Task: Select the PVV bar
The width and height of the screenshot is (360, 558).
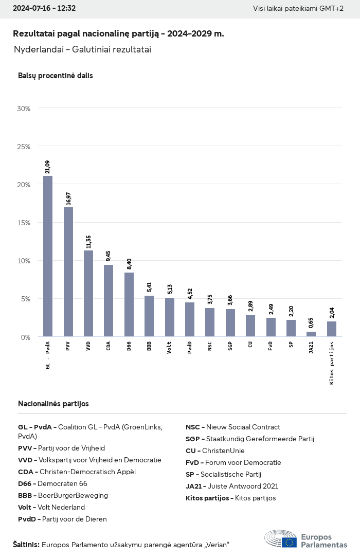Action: (x=68, y=272)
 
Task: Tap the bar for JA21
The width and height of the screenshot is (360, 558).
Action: (x=311, y=334)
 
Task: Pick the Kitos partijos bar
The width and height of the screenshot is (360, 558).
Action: (x=332, y=329)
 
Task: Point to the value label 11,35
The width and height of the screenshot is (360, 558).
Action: (x=88, y=242)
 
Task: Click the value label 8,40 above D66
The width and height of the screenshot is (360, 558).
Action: (x=129, y=264)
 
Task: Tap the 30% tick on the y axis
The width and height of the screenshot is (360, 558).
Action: (x=24, y=109)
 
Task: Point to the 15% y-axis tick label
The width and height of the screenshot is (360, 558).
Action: (x=24, y=223)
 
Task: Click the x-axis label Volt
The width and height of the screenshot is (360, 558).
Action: (x=170, y=347)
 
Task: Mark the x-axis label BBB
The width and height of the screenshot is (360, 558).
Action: (x=149, y=346)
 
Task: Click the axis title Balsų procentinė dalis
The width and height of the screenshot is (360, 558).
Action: (x=56, y=76)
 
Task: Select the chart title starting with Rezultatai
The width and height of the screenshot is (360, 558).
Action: (x=118, y=33)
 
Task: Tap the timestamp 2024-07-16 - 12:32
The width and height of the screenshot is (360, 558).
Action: (x=44, y=8)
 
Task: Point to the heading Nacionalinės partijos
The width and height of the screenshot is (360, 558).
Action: (x=53, y=404)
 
